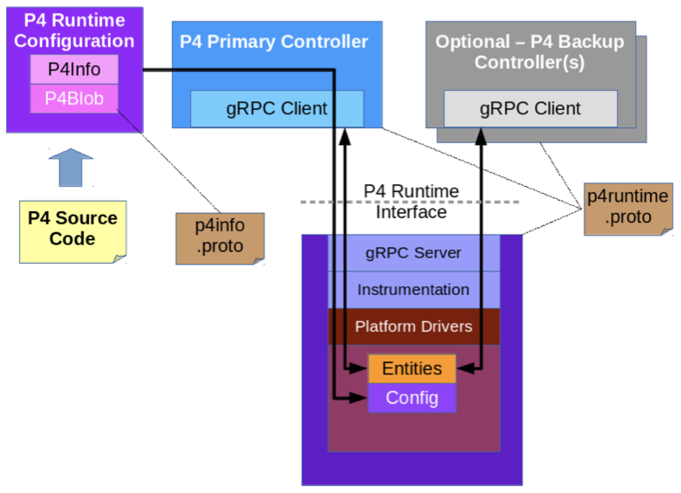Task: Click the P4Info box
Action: [74, 69]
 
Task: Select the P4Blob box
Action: [74, 99]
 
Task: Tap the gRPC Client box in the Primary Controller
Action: [277, 109]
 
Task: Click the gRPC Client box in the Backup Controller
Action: [530, 109]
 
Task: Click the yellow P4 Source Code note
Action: [73, 232]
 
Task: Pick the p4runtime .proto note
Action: [628, 209]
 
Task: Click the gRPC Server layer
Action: [413, 253]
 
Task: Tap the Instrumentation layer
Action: [413, 290]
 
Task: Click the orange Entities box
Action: [412, 369]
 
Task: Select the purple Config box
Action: [412, 398]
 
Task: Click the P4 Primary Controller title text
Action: [274, 42]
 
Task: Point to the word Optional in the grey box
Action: [472, 42]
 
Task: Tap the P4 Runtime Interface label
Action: [411, 202]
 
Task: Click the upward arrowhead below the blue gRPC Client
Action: [345, 137]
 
